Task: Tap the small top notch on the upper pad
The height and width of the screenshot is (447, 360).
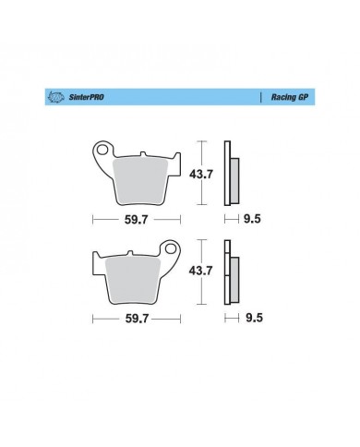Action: point(145,151)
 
